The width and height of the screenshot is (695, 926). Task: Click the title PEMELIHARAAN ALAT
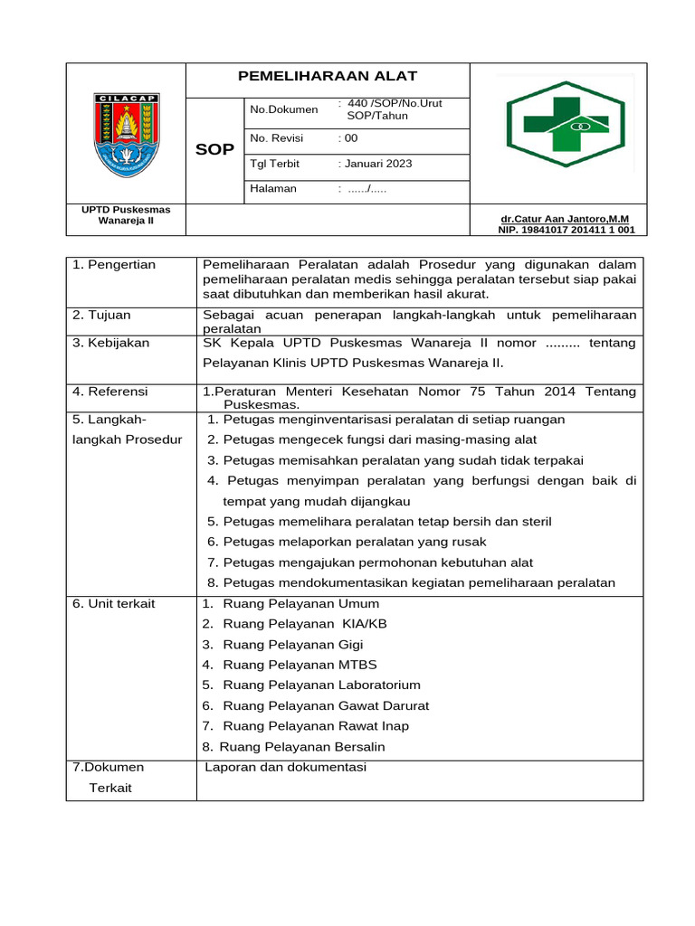click(x=327, y=77)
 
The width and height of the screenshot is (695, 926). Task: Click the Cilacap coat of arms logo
click(x=128, y=135)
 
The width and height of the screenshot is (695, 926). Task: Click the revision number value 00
click(x=348, y=138)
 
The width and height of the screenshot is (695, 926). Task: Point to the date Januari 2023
click(x=376, y=164)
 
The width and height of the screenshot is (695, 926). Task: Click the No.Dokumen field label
click(x=284, y=109)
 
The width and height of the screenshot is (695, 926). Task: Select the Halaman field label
click(x=273, y=189)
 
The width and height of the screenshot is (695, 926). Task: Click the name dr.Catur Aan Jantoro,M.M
click(x=565, y=219)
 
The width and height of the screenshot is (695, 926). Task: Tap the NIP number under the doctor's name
click(x=566, y=230)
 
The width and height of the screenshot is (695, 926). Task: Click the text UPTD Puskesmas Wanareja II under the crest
click(x=127, y=215)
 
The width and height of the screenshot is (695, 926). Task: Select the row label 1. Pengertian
click(x=114, y=265)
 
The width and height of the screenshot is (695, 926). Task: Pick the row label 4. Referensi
click(x=110, y=392)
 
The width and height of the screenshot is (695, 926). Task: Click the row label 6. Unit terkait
click(x=114, y=604)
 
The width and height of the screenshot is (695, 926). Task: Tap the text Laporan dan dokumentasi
click(x=286, y=768)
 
